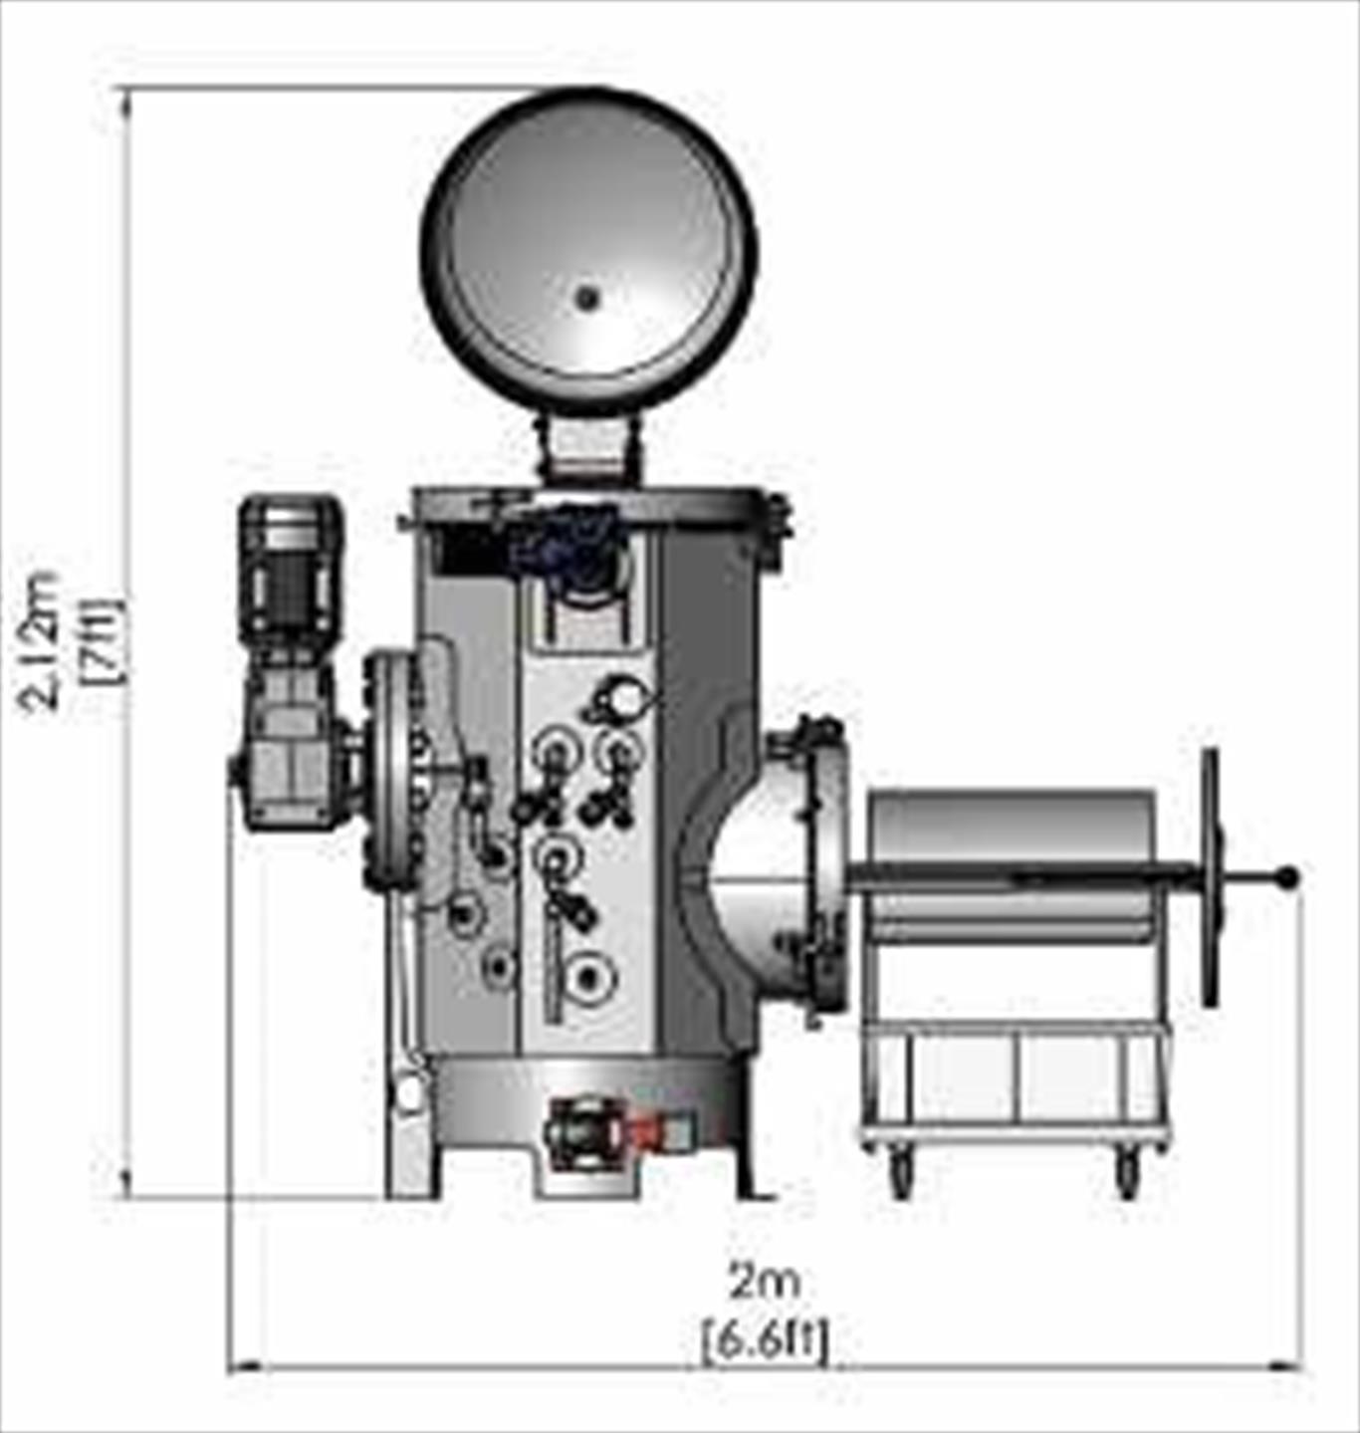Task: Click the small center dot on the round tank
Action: pos(585,298)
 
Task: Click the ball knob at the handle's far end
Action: pos(1288,877)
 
